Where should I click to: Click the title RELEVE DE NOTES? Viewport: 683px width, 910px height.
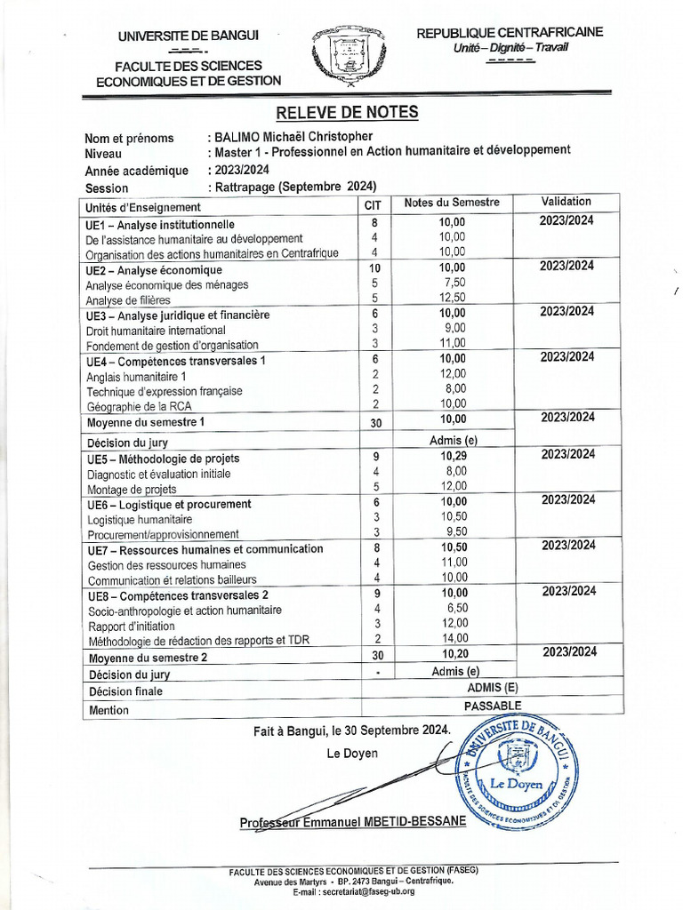(x=346, y=112)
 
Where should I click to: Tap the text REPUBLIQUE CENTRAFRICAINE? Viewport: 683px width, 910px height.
(x=510, y=32)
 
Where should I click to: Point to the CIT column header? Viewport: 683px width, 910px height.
(x=373, y=204)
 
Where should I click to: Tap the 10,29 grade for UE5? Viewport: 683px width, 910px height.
(x=453, y=456)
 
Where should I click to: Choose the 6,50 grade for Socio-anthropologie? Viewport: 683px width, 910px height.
(x=453, y=608)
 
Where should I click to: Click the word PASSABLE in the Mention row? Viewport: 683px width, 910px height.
(x=493, y=706)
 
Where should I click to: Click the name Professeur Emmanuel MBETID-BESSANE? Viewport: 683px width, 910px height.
(x=352, y=822)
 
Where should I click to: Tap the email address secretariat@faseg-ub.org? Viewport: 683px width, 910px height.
(x=357, y=890)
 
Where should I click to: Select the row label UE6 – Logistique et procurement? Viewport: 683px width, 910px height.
(x=169, y=505)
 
